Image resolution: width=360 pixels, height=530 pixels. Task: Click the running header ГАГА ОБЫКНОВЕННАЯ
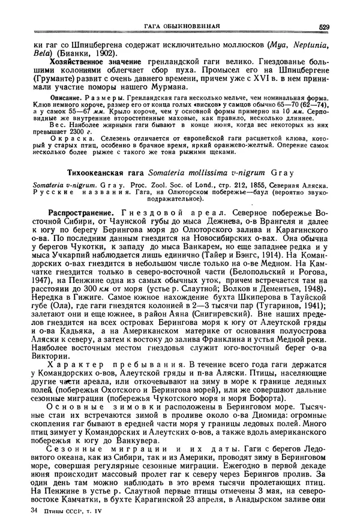click(x=181, y=26)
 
